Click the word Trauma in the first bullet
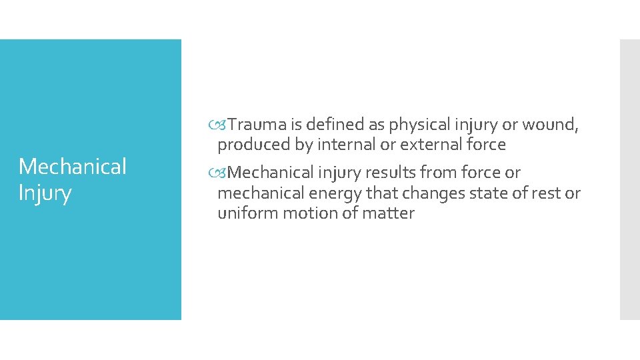coord(259,125)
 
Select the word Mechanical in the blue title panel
coord(72,167)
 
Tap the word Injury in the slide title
coord(45,195)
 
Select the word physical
coord(421,125)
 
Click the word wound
coord(550,125)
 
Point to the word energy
coord(335,193)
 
